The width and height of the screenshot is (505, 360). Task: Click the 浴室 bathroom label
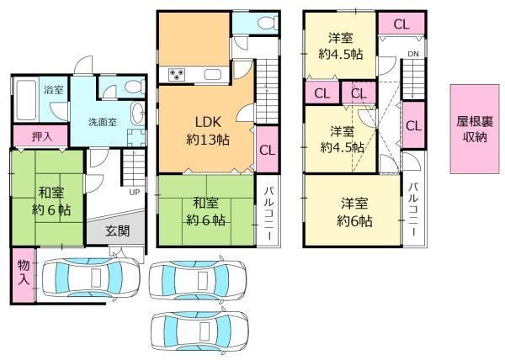(x=54, y=90)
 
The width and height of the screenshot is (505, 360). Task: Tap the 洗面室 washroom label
(x=103, y=122)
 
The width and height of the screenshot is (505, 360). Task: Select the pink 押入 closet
(x=40, y=135)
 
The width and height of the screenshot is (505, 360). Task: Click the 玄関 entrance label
(x=118, y=230)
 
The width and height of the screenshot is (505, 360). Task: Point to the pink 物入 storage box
(x=24, y=275)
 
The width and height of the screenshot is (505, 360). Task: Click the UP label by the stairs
(x=135, y=192)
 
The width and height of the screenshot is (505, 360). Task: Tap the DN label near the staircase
(x=413, y=54)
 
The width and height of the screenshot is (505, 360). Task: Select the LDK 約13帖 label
(x=208, y=131)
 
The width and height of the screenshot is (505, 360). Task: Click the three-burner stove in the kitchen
(x=177, y=75)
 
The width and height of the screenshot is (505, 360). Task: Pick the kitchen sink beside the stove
(x=213, y=74)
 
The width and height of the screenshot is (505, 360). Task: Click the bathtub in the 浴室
(x=26, y=100)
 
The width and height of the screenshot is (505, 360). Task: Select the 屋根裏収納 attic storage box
(x=475, y=129)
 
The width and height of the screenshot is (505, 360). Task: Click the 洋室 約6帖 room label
(x=354, y=212)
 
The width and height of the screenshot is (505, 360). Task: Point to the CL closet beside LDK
(x=267, y=149)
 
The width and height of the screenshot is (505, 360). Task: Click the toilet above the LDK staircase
(x=268, y=23)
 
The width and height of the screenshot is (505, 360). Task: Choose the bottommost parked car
(x=199, y=331)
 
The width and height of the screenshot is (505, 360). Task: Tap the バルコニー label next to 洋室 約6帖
(x=414, y=210)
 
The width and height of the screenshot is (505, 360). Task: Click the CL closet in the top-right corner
(x=401, y=24)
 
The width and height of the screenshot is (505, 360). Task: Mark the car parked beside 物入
(x=92, y=278)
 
